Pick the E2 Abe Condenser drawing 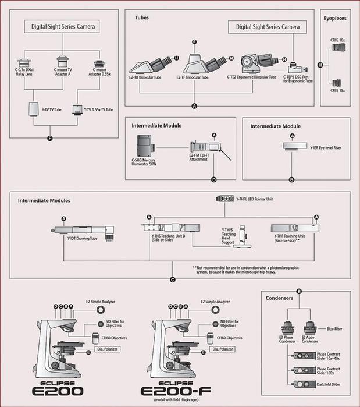(x=309, y=328)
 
